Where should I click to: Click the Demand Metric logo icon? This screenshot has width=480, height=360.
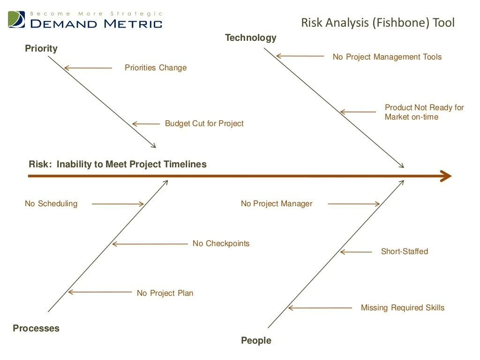tap(17, 19)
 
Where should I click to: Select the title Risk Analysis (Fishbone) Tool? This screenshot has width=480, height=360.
tap(377, 22)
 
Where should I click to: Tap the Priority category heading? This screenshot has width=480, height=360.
tap(41, 48)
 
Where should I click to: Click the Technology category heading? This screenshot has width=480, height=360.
tap(250, 38)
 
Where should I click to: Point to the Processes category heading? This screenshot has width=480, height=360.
tap(36, 328)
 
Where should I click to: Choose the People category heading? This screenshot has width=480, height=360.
tap(256, 341)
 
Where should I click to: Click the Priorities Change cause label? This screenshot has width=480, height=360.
tap(156, 68)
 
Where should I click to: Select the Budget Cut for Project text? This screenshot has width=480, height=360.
tap(204, 124)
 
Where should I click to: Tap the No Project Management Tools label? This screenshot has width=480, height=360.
tap(387, 57)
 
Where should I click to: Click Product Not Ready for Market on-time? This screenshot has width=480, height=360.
tap(424, 112)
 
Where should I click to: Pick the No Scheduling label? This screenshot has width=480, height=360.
tap(51, 204)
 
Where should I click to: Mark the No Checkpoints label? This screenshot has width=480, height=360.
tap(221, 244)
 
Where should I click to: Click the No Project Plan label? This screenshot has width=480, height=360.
tap(165, 293)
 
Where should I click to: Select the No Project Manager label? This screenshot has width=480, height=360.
tap(276, 204)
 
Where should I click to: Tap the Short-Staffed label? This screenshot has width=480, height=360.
tap(404, 252)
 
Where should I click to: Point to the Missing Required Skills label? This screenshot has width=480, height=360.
tap(402, 308)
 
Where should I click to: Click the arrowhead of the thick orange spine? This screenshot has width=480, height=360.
tap(446, 176)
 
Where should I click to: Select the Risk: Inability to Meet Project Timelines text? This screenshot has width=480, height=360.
tap(118, 165)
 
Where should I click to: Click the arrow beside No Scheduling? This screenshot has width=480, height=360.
tap(118, 204)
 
